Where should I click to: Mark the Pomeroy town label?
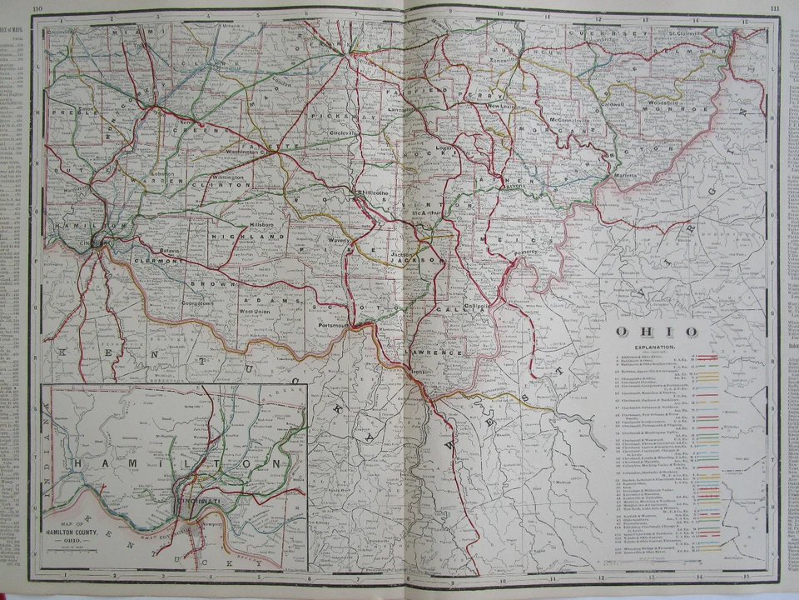click(x=527, y=251)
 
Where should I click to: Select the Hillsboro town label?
click(x=263, y=226)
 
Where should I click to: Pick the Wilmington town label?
click(x=227, y=177)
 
